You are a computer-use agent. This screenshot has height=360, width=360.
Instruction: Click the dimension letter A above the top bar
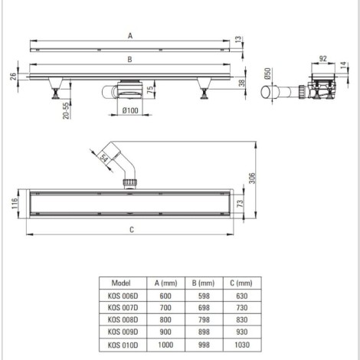pos(129,35)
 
